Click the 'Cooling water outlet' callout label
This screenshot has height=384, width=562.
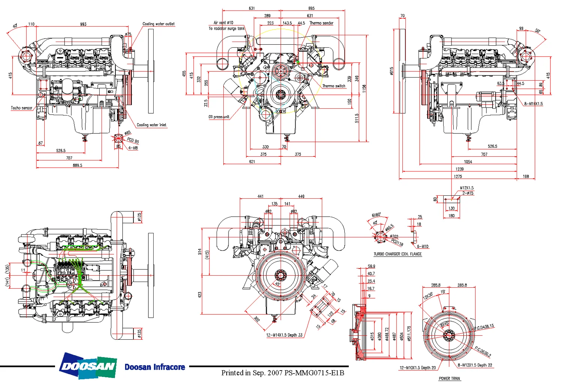[158, 24]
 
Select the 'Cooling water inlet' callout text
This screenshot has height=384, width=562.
[151, 125]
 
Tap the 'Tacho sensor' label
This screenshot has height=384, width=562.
[21, 108]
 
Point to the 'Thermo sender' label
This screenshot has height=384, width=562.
[321, 23]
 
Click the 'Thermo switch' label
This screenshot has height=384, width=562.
[333, 86]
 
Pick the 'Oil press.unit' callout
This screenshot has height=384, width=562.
[219, 117]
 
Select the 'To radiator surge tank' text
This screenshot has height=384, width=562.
[227, 28]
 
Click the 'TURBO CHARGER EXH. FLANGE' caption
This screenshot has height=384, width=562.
[398, 254]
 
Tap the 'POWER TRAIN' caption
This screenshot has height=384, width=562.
[449, 378]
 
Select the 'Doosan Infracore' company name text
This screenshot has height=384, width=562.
[155, 367]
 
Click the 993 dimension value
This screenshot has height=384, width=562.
[83, 24]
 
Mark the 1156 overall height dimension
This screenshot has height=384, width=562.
[364, 88]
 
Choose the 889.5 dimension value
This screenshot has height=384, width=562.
[77, 165]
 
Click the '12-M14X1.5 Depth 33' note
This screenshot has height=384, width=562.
[284, 335]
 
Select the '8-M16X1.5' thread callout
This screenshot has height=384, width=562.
[533, 104]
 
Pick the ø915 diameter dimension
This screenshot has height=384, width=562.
[392, 71]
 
